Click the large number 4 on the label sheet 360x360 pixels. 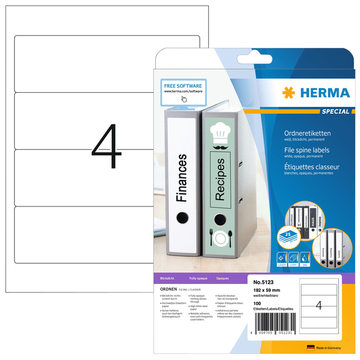point(107,147)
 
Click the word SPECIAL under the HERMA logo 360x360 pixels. point(336,111)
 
